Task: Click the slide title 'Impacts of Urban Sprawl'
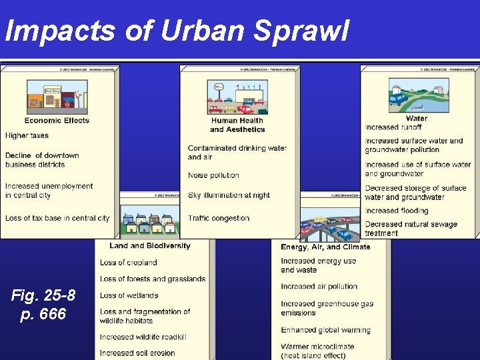(177, 30)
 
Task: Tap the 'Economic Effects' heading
(57, 121)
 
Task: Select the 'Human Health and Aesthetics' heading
(237, 125)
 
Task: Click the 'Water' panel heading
(416, 119)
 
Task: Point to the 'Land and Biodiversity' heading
(150, 245)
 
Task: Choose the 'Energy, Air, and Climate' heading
(325, 247)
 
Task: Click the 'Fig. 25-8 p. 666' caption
(43, 304)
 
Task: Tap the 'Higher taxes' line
(27, 136)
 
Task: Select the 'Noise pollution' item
(213, 175)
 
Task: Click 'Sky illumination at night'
(229, 195)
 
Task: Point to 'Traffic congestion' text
(219, 218)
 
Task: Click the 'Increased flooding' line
(397, 211)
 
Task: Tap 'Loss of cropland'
(128, 263)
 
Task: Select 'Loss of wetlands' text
(129, 295)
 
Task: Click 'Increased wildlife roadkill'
(143, 337)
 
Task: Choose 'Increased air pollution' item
(319, 287)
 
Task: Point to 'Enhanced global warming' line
(325, 330)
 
